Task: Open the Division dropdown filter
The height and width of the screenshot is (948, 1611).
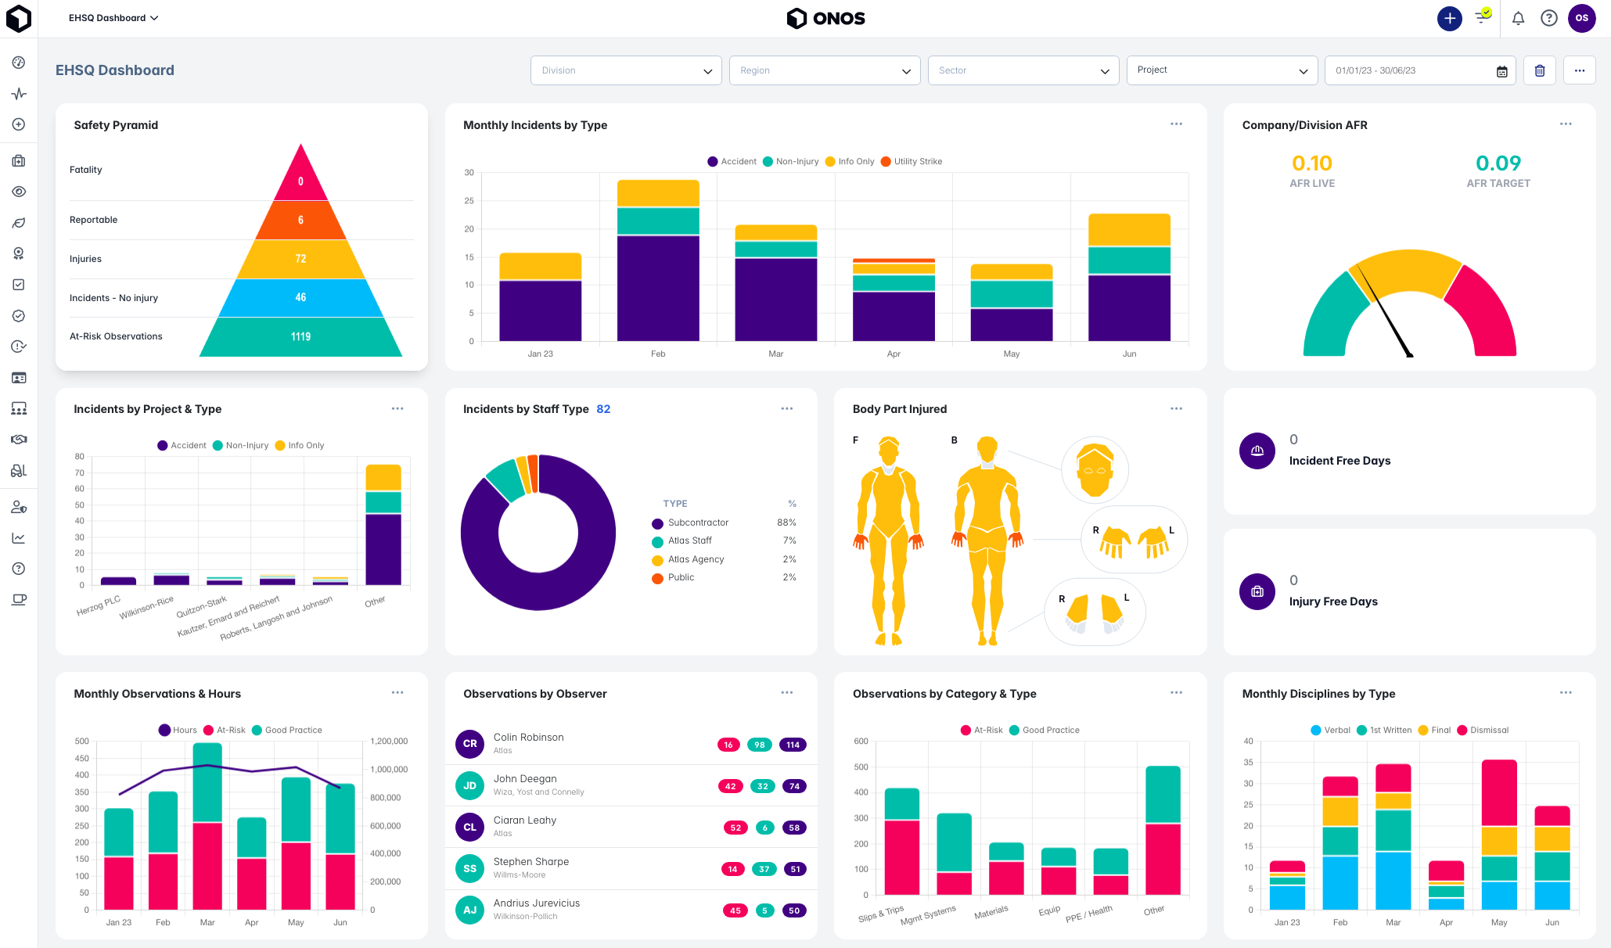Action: tap(625, 70)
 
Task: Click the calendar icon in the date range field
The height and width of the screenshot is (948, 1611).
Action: tap(1501, 71)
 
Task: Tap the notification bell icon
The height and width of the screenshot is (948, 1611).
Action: tap(1518, 18)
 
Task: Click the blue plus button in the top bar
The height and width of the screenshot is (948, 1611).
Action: tap(1449, 18)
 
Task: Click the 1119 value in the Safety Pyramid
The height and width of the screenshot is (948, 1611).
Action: tap(300, 336)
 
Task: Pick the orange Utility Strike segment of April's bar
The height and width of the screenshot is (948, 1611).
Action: tap(894, 260)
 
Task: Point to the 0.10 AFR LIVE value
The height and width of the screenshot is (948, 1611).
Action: tap(1311, 163)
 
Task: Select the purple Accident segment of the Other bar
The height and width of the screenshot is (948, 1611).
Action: tap(383, 549)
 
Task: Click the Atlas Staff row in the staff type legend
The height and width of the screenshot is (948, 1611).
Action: tap(689, 540)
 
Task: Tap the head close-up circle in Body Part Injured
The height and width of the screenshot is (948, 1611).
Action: tap(1095, 469)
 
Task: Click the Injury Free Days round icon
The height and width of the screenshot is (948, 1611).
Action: tap(1257, 592)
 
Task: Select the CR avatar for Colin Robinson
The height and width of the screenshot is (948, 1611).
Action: tap(469, 744)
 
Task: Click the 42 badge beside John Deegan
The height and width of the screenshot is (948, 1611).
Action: tap(730, 786)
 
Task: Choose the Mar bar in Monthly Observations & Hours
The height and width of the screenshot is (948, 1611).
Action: tap(207, 825)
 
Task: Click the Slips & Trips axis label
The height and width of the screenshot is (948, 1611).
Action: tap(881, 914)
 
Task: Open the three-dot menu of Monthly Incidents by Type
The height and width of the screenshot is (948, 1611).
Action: tap(1176, 124)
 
